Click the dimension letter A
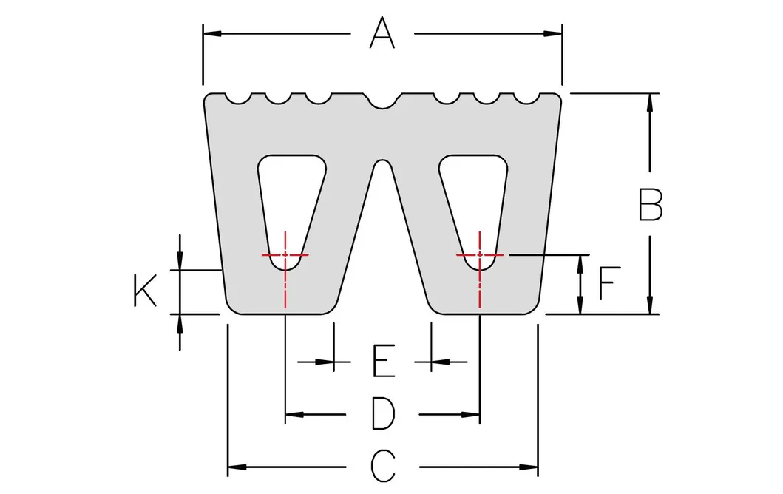coord(382,33)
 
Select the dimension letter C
coord(382,466)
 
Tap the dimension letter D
coord(382,413)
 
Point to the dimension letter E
coord(382,362)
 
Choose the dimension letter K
coord(144,290)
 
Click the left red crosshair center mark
coord(285,254)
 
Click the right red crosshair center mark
coord(481,254)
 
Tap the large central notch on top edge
coord(383,101)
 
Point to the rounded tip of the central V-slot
coord(382,163)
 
